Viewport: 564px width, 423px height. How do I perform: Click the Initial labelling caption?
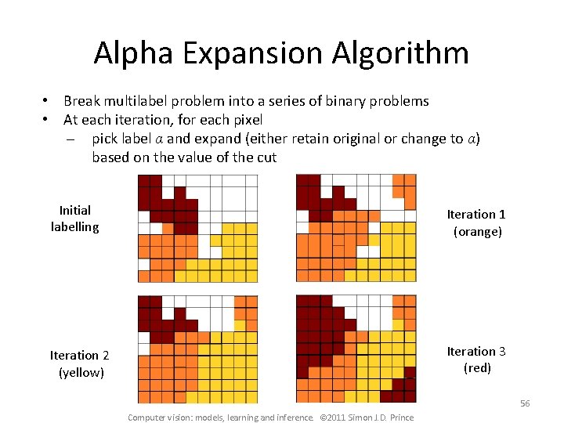[x=75, y=219]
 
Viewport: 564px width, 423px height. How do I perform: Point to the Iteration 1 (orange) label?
[x=476, y=222]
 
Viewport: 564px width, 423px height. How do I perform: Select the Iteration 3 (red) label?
[x=476, y=360]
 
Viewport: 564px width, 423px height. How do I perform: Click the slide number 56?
[x=524, y=403]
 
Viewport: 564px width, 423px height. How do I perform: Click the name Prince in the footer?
[x=399, y=418]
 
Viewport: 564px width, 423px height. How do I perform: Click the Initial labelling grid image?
[x=197, y=228]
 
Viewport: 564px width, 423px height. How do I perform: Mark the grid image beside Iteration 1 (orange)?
[x=356, y=228]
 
